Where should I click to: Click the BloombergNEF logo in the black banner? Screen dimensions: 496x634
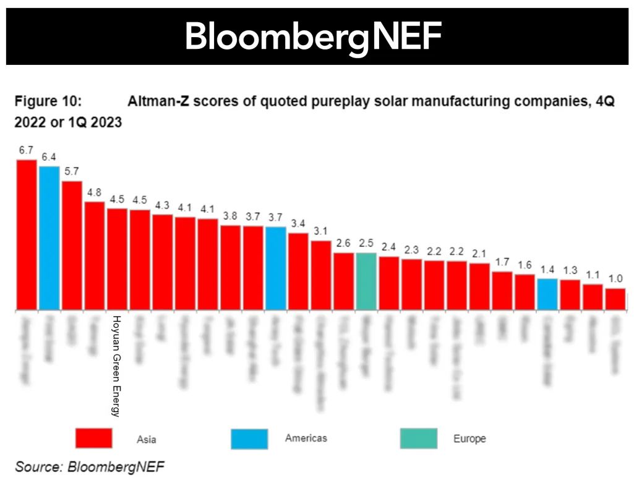313,37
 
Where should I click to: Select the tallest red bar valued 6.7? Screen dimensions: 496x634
26,235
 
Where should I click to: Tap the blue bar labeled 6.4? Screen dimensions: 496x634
49,238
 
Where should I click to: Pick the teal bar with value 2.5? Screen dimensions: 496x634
366,281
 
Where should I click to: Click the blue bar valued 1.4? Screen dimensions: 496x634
547,294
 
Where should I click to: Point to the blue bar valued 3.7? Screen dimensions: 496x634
276,268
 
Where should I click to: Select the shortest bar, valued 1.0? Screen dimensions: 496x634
615,299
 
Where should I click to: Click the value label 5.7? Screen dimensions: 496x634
72,172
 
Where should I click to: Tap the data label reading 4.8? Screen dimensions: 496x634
95,192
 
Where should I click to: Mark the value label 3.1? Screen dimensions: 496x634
321,231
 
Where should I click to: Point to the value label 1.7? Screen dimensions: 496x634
502,262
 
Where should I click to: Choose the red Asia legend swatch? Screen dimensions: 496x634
93,438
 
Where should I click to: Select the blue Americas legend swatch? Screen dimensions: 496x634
249,438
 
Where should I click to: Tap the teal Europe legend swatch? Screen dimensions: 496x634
418,438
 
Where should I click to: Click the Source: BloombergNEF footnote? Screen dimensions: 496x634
90,467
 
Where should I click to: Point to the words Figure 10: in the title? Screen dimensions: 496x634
48,101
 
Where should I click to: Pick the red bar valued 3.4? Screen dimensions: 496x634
298,272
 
